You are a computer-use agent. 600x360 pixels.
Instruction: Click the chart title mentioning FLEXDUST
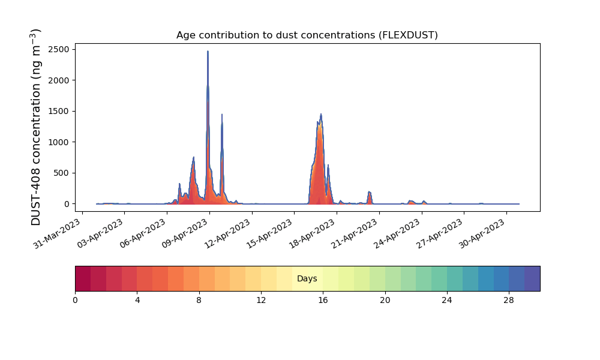tap(307, 35)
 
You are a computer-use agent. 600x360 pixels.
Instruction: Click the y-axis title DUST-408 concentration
tap(35, 127)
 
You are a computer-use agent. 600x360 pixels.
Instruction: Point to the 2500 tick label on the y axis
tap(59, 49)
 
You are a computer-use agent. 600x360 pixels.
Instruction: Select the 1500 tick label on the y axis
tap(59, 112)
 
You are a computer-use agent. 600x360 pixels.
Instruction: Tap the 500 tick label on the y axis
tap(61, 173)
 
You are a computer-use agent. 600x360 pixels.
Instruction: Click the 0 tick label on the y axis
tap(67, 204)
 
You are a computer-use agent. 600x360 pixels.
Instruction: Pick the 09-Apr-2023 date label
tap(185, 233)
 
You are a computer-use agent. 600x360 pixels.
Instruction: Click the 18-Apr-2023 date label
tap(312, 233)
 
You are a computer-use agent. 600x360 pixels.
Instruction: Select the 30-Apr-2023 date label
tap(482, 233)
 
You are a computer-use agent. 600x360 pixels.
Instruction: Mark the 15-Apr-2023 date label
tap(270, 233)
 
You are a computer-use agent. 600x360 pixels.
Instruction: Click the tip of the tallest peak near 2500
tap(208, 51)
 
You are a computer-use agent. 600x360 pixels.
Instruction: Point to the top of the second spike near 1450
tap(221, 115)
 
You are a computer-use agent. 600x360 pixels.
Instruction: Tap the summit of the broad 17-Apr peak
tap(321, 114)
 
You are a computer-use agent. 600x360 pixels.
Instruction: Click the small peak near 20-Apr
tap(369, 191)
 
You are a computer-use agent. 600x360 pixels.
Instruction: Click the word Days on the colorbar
tap(307, 278)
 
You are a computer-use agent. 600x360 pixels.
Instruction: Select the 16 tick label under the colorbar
tap(323, 301)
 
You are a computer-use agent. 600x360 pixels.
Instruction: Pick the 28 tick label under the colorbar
tap(509, 301)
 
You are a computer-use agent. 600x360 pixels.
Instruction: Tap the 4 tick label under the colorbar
tap(137, 301)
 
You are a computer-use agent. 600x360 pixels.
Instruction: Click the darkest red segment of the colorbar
tap(83, 278)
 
